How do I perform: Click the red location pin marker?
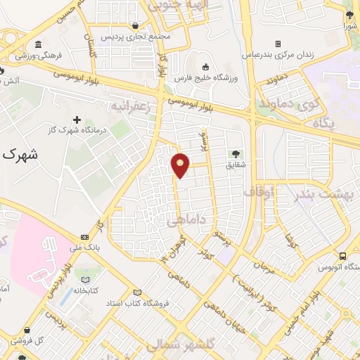[x=181, y=165]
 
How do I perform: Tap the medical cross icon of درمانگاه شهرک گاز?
[x=77, y=120]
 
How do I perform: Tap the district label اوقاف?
[x=259, y=191]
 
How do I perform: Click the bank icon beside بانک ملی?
[x=85, y=237]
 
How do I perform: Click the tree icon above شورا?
[x=349, y=15]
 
